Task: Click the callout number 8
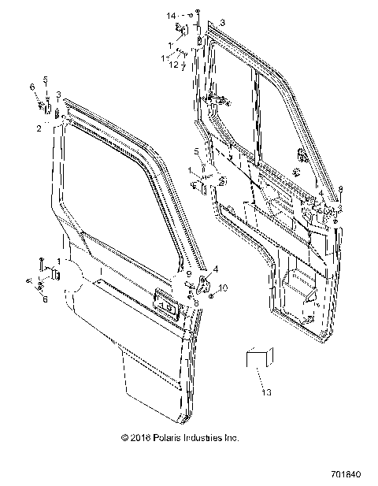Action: coord(195,302)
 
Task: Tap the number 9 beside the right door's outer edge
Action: coord(340,188)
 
